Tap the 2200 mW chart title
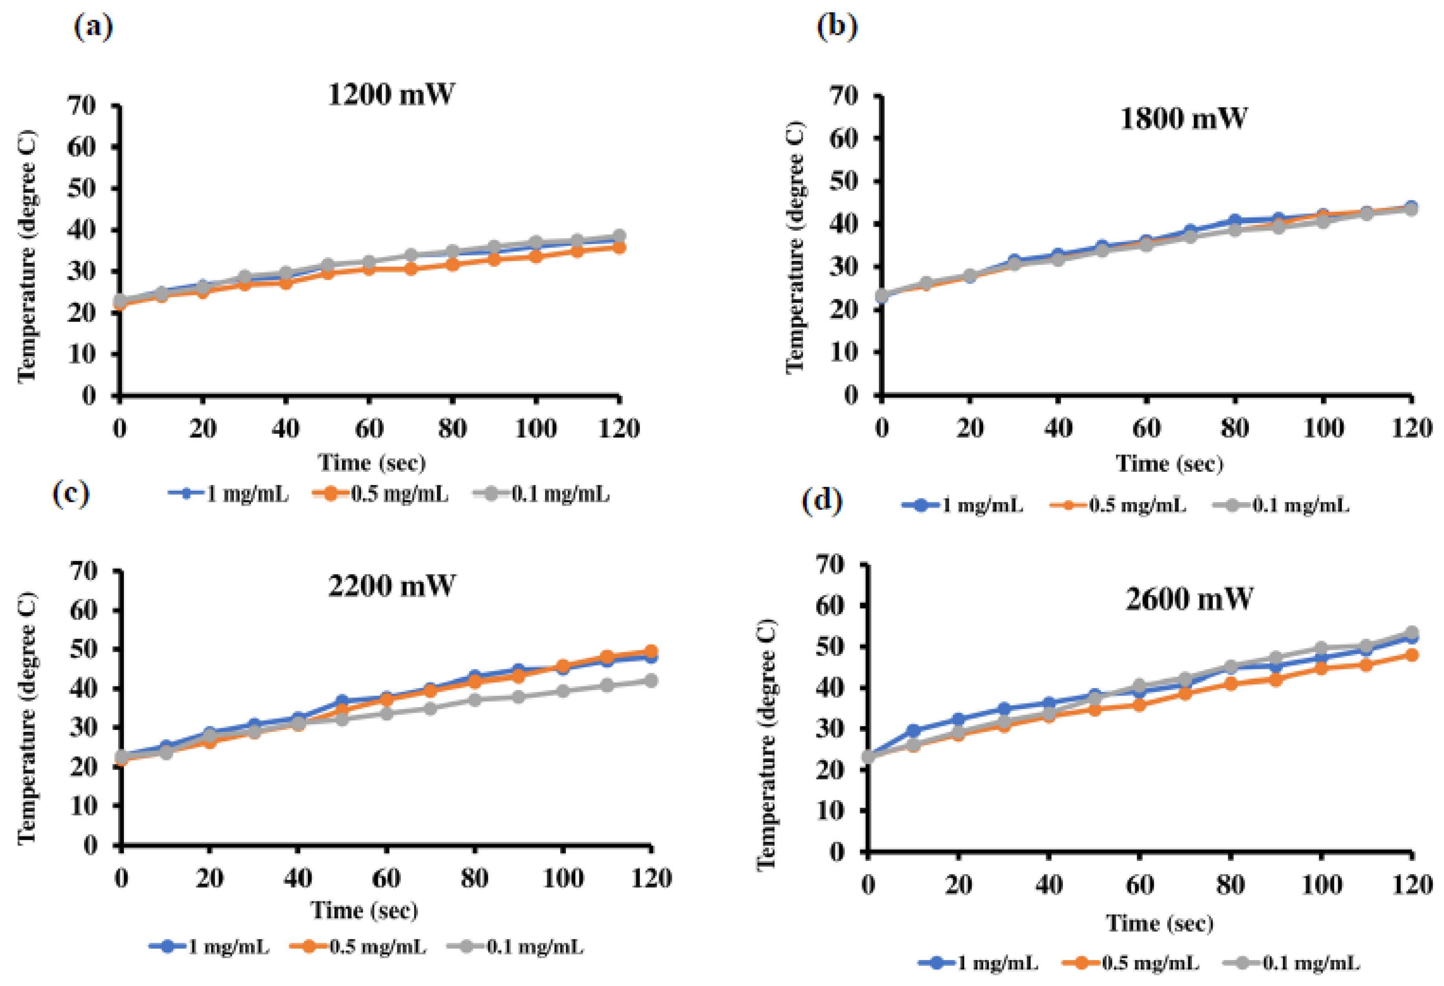391,585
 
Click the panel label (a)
93,28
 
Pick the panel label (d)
822,500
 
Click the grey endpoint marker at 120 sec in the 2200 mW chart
650,681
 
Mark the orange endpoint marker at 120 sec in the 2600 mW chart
1411,655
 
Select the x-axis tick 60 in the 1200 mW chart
369,428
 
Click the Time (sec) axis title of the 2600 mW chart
1159,923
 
